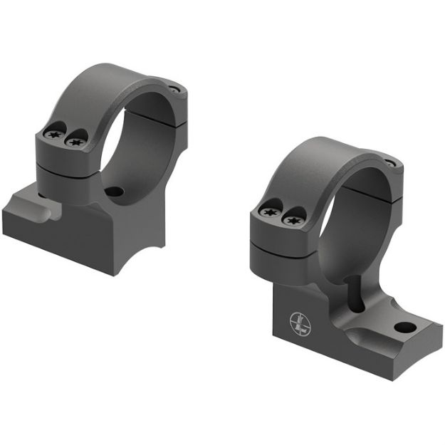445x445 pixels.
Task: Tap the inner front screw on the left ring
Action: click(74, 142)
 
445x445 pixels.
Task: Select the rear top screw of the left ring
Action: click(174, 90)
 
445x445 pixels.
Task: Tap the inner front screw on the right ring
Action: click(290, 219)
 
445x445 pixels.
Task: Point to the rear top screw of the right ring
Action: click(389, 163)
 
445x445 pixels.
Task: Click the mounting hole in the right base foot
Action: click(404, 328)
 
